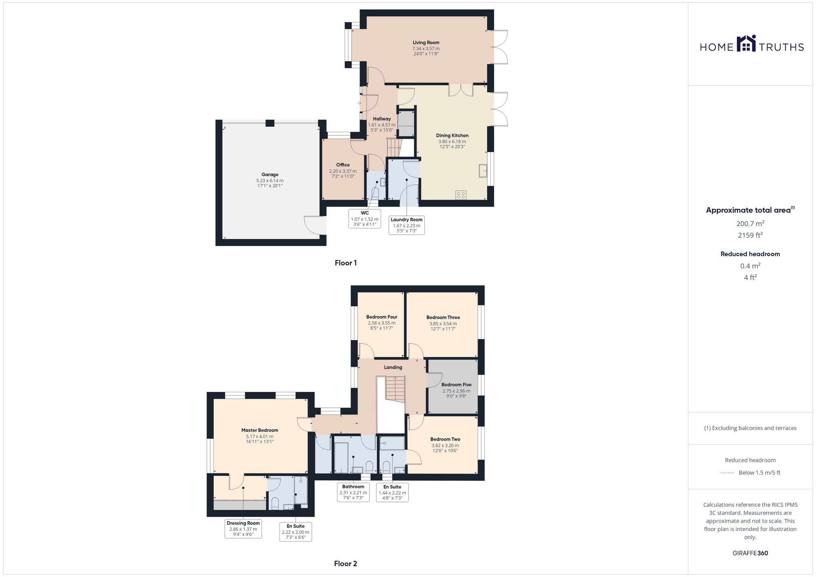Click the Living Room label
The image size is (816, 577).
click(426, 42)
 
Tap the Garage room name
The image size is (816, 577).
click(270, 175)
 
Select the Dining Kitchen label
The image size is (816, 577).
click(452, 135)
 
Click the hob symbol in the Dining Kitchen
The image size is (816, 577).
click(461, 195)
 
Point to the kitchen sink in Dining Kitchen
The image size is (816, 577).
click(483, 170)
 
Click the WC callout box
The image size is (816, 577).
click(365, 219)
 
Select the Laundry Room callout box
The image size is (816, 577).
click(406, 225)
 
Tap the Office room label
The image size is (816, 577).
click(343, 165)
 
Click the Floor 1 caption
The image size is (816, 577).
click(346, 263)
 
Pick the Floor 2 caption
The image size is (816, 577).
click(345, 564)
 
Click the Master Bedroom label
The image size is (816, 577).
click(259, 430)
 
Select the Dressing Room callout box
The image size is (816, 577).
click(243, 528)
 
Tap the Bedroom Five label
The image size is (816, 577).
click(456, 385)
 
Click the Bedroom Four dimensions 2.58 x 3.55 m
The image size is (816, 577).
click(381, 323)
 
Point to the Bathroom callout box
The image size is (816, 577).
click(353, 492)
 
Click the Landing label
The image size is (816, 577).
click(393, 367)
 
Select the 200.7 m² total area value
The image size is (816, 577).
click(750, 223)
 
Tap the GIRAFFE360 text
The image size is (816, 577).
click(750, 553)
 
